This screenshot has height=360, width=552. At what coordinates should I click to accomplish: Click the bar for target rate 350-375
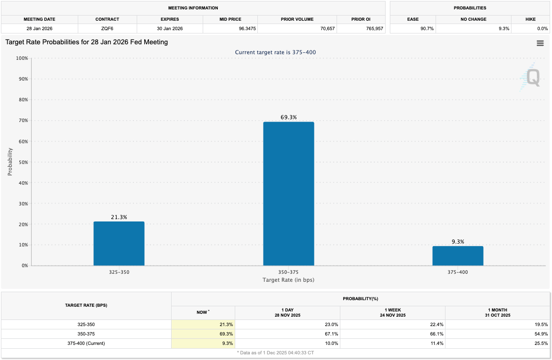click(x=288, y=194)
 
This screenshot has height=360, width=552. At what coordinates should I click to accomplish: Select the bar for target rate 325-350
click(x=119, y=244)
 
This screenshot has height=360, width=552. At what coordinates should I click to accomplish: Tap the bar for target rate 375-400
click(x=458, y=256)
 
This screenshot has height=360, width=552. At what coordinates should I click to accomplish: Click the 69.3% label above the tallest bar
click(x=288, y=117)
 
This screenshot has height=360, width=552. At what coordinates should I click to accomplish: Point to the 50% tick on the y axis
click(x=23, y=162)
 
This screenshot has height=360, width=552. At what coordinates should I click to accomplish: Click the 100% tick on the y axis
click(x=22, y=58)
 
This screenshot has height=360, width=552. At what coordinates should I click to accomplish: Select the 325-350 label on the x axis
click(x=119, y=272)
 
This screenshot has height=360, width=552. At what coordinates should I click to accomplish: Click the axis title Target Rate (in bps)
click(x=288, y=280)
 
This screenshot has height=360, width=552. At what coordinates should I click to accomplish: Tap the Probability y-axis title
click(x=10, y=162)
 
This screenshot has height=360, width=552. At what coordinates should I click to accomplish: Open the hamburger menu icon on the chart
click(x=540, y=43)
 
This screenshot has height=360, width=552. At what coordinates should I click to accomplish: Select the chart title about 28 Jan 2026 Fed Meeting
click(x=87, y=42)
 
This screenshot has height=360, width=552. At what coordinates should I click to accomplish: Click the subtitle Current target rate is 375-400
click(x=275, y=52)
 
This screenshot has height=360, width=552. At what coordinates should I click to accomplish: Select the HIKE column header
click(x=530, y=19)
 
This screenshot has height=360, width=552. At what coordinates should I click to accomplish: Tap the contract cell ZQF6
click(x=107, y=29)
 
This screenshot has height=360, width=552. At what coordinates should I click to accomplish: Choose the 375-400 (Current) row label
click(x=86, y=343)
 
